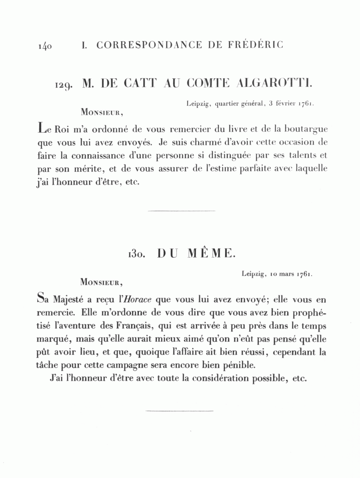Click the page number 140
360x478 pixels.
coord(45,45)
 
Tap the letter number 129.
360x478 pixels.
coord(64,84)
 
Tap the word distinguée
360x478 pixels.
coord(227,155)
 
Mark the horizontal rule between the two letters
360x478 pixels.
coord(182,211)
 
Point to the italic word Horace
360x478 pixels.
coord(138,299)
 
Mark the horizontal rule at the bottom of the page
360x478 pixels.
coord(180,410)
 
